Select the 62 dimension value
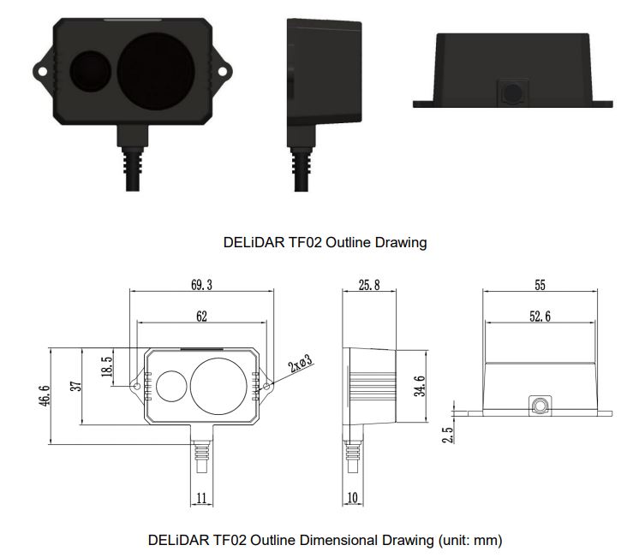coord(201,317)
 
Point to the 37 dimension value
coord(75,386)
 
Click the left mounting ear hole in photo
coord(41,68)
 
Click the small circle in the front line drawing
coord(170,387)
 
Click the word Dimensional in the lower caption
coord(338,540)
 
